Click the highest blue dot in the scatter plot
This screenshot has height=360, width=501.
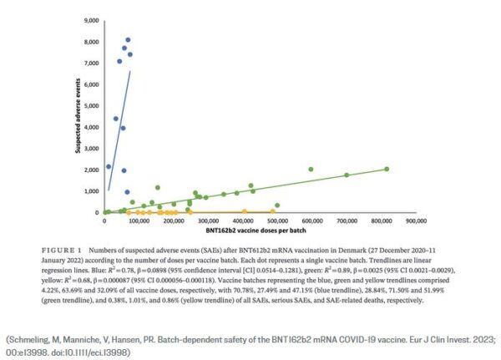click(x=128, y=39)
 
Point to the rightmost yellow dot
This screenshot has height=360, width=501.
click(x=272, y=211)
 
